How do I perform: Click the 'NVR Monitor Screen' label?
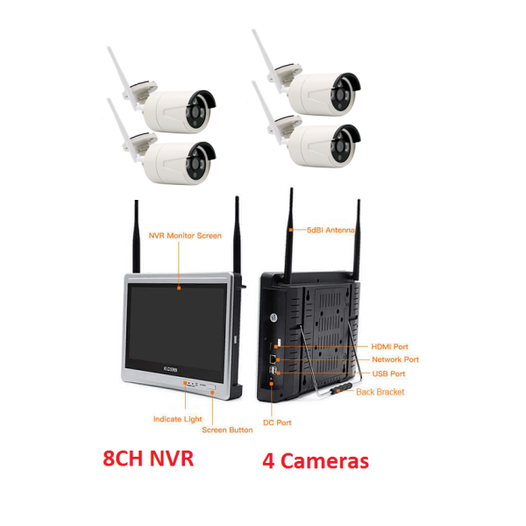[185, 236]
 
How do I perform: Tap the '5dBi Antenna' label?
[331, 230]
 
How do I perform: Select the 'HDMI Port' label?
[389, 346]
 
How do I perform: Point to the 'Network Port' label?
[395, 359]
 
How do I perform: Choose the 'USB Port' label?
[388, 373]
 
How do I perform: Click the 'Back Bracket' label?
[380, 392]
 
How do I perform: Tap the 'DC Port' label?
[277, 423]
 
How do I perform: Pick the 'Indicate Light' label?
[177, 419]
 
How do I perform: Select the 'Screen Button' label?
[227, 430]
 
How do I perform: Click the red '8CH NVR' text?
[148, 458]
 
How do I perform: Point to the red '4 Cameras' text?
[316, 460]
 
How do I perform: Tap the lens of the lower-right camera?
[341, 146]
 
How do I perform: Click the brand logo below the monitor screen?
[170, 370]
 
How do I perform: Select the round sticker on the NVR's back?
[274, 317]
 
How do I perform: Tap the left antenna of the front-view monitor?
[136, 237]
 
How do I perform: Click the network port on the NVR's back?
[274, 359]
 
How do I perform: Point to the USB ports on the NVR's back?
[274, 371]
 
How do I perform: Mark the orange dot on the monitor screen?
[179, 288]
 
